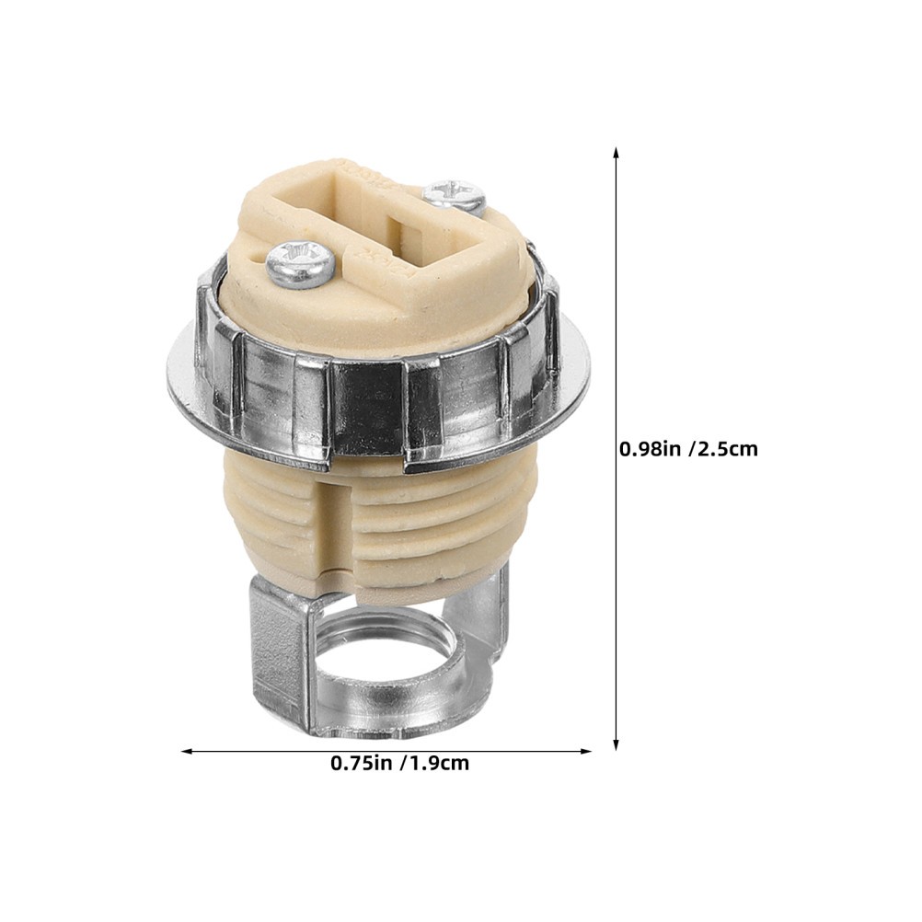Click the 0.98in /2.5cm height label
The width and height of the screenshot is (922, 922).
pyautogui.click(x=688, y=449)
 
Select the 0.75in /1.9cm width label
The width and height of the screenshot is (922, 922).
pyautogui.click(x=400, y=763)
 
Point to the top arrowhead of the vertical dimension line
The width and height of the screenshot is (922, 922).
pyautogui.click(x=617, y=153)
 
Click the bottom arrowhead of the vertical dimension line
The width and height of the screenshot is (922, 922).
pyautogui.click(x=617, y=743)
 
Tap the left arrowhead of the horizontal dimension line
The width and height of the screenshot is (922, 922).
pyautogui.click(x=188, y=751)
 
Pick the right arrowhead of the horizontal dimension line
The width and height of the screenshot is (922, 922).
pyautogui.click(x=584, y=751)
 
